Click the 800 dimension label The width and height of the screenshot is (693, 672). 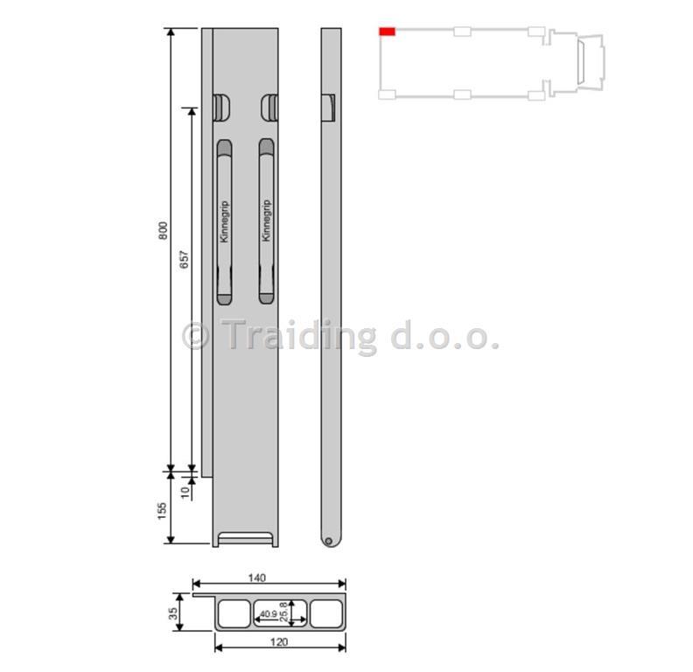pos(163,231)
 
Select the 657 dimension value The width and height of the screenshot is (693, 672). pos(184,259)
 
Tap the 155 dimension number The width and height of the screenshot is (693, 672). pos(162,511)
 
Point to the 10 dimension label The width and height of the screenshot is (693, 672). pos(185,491)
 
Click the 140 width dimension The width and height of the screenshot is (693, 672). pos(256,577)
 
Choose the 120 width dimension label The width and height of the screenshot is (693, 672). pos(279,641)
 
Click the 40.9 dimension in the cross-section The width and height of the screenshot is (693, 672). pos(269,614)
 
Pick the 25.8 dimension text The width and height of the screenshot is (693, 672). pos(283,612)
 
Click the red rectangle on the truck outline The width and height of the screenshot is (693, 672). pos(387,31)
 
